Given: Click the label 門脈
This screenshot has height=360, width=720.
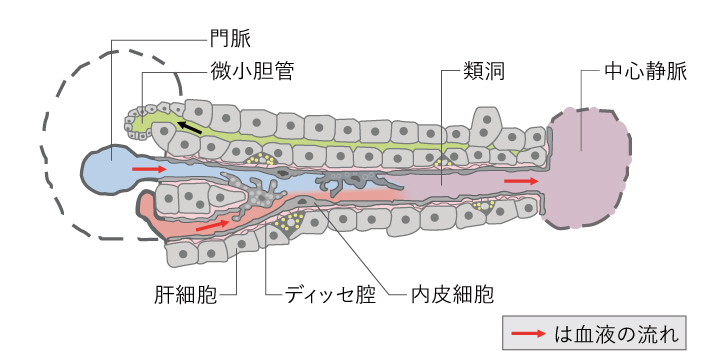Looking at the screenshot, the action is coord(231,39).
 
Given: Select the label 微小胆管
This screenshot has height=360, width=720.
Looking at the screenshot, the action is coord(252,72).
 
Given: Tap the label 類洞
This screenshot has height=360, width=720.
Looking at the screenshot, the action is coord(484,72).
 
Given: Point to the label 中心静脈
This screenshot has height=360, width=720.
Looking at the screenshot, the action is coord(645,72).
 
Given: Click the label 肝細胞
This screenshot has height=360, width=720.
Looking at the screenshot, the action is coord(186,294).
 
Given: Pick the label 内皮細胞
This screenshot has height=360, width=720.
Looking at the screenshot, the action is coord(452,294).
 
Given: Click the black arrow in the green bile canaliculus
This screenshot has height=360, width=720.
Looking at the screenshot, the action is coord(190,127).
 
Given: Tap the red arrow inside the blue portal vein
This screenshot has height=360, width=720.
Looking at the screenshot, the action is coord(149,169).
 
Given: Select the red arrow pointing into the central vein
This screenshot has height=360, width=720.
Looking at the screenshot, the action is coord(521,181).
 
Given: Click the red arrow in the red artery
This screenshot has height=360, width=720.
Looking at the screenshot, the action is coord(212,225).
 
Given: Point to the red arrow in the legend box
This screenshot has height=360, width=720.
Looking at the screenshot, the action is coord(529,333).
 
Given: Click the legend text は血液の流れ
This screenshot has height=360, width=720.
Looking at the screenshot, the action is coord(616,334).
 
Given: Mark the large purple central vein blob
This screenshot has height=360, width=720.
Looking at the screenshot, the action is coord(586,168).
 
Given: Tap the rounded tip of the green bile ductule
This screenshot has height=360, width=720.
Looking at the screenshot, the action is coord(134,123).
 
